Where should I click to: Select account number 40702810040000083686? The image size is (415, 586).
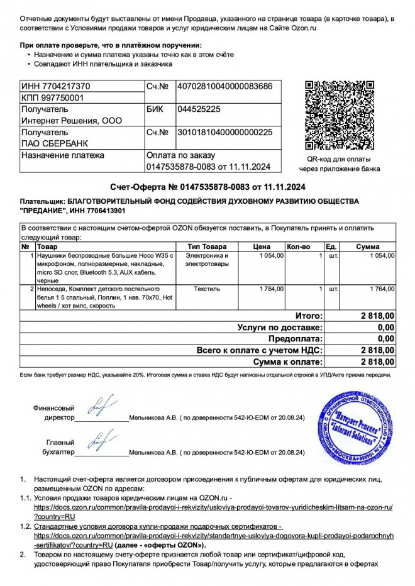click(x=224, y=86)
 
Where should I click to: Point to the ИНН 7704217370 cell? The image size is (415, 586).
click(x=56, y=86)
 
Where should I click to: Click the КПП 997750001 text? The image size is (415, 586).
click(x=52, y=97)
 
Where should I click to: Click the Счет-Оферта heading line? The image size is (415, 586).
click(x=207, y=187)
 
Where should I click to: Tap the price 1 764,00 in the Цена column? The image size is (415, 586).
click(x=272, y=289)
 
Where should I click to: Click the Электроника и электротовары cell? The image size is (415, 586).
click(x=207, y=260)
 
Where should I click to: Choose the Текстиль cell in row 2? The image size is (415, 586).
click(x=207, y=289)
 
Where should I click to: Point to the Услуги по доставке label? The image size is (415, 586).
click(x=280, y=328)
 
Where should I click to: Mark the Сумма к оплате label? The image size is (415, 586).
click(x=287, y=362)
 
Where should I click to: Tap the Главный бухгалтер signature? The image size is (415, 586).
click(x=101, y=441)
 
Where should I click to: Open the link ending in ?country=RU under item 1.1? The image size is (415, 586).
click(x=54, y=516)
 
